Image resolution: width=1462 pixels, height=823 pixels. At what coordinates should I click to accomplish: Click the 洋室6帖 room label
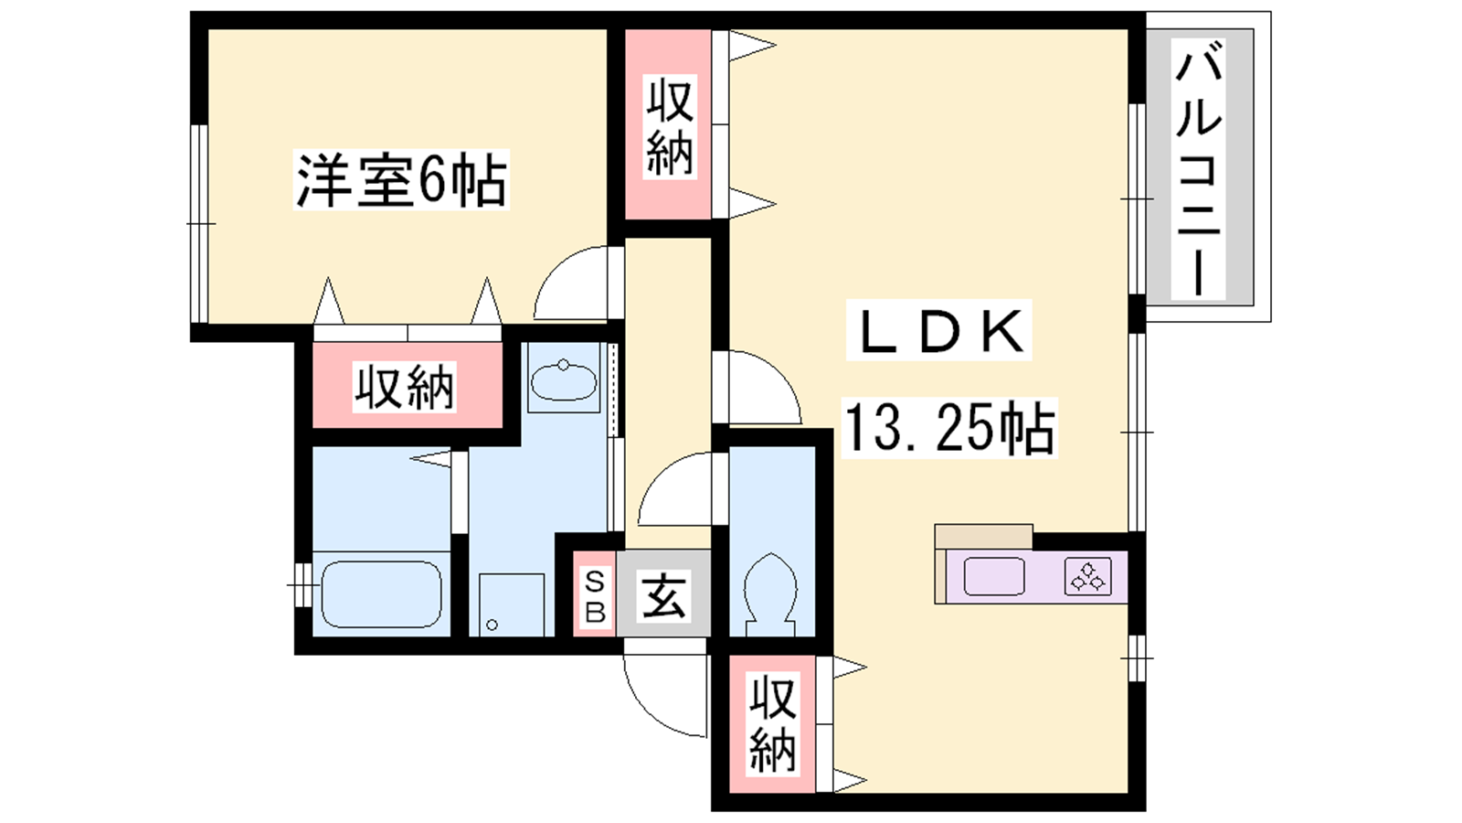pos(401,179)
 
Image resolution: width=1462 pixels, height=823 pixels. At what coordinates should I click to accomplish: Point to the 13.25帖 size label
pos(949,427)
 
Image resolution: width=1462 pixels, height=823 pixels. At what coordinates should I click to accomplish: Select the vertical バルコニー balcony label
pos(1198,168)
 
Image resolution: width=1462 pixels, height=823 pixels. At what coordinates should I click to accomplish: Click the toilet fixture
pos(771,594)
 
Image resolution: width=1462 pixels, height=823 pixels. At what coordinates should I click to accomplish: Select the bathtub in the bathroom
pos(382,594)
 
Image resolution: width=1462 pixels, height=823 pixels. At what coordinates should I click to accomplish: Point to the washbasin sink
pos(563,382)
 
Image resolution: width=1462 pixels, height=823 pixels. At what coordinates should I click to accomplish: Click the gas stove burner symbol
pos(1088,576)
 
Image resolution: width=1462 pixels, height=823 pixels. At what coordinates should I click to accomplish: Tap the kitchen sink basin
pos(993,576)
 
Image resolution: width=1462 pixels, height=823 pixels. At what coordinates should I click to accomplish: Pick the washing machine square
pos(512,604)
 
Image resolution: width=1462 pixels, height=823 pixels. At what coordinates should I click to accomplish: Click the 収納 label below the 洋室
pos(404,388)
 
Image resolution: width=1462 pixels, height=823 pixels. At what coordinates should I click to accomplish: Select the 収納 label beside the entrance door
pos(772,724)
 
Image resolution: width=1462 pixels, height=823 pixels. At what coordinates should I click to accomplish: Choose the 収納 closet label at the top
pos(670,125)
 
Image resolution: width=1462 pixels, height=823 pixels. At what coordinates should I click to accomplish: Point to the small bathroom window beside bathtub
pos(303,584)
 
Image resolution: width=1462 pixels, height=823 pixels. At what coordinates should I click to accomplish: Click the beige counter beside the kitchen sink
pos(983,537)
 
